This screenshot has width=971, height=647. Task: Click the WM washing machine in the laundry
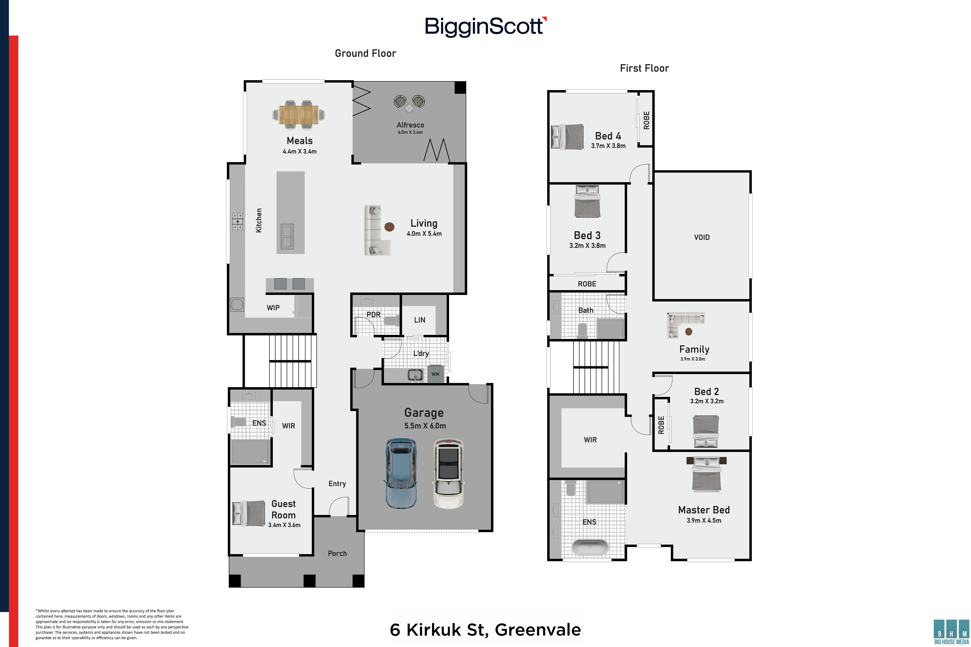coord(436,374)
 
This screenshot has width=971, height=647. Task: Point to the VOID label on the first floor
coord(702,237)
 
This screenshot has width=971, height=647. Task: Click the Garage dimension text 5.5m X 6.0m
coord(425,426)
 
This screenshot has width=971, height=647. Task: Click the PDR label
coord(374,314)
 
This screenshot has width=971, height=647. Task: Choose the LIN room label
coord(419,320)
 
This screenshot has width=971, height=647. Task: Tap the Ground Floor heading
coord(365,53)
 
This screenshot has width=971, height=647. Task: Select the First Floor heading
coord(644,68)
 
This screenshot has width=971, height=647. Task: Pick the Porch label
coord(337,553)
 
